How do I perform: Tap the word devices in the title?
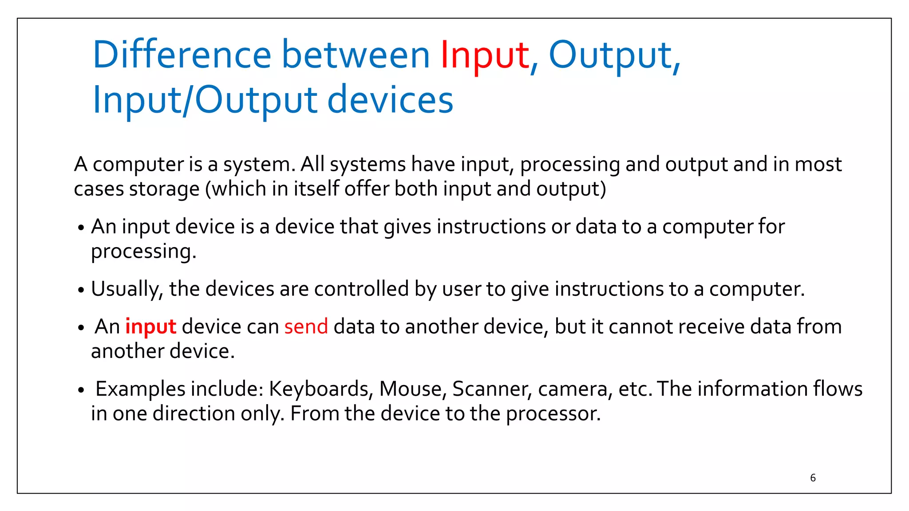(x=390, y=100)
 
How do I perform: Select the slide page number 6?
(x=813, y=478)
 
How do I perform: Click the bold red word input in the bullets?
(x=150, y=327)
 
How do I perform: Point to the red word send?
(x=306, y=327)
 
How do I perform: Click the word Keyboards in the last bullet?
(x=319, y=389)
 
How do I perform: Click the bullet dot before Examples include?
(x=81, y=390)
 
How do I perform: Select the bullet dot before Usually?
(x=81, y=291)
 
